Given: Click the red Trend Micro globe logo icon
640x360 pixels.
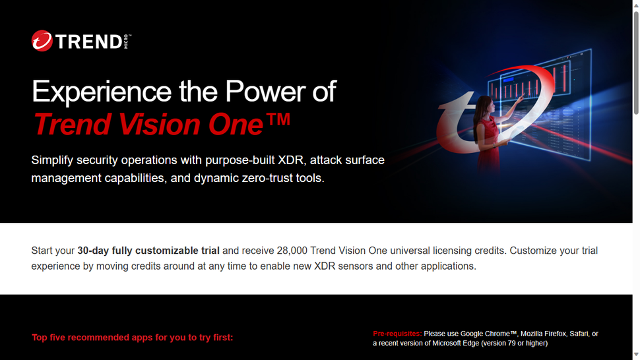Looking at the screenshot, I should [x=42, y=41].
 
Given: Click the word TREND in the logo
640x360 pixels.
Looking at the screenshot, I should [x=88, y=42].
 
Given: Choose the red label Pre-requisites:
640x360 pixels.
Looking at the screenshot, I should [x=397, y=334].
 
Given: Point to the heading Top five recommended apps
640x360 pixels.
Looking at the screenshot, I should [x=132, y=338].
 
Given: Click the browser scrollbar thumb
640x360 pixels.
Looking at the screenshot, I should [x=636, y=59].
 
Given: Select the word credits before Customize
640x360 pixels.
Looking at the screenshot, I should [x=484, y=251].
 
